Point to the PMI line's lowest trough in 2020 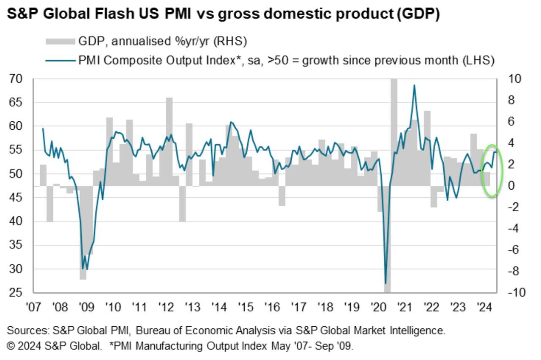pos(385,283)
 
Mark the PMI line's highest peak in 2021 pos(414,85)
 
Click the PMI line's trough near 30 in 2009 pos(83,269)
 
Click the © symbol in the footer pos(11,346)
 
